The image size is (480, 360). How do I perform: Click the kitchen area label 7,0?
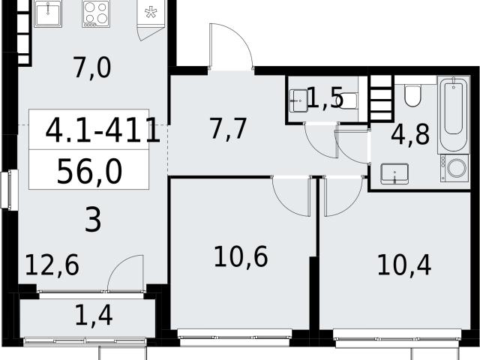[92, 68]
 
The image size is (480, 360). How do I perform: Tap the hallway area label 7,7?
[228, 128]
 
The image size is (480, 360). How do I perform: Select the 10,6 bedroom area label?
[241, 256]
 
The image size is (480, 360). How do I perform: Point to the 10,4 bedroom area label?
[404, 265]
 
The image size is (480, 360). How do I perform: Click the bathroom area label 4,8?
[410, 135]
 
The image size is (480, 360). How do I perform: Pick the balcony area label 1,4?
[94, 315]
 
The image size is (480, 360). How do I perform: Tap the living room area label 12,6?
[52, 265]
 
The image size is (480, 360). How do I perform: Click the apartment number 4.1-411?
[103, 130]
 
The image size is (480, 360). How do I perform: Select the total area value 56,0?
[89, 172]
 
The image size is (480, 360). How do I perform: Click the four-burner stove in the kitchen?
[96, 13]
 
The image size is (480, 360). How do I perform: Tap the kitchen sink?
[47, 13]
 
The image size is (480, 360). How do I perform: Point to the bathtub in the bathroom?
[453, 115]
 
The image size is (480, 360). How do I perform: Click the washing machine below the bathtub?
[454, 168]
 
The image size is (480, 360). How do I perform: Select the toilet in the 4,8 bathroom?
[413, 94]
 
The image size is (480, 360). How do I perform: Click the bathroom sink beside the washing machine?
[394, 173]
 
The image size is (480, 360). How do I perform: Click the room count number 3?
[93, 220]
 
